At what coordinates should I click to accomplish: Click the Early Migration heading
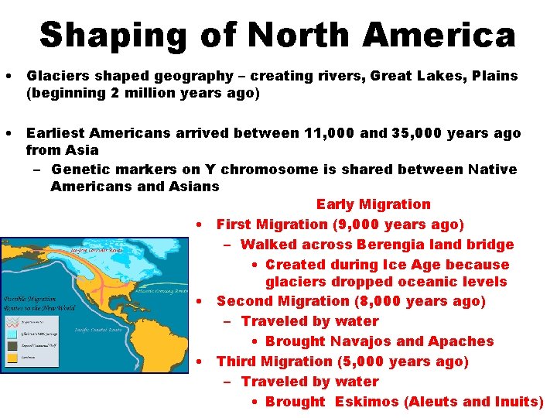point(373,204)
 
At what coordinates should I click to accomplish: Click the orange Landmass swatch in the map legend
point(13,358)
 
